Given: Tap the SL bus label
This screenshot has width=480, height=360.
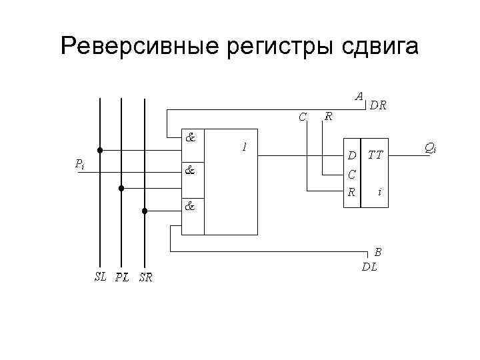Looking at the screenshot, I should point(100,277).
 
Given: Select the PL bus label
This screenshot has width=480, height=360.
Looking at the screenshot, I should point(122,278).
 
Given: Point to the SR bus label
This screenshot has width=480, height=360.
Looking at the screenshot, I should point(145,278).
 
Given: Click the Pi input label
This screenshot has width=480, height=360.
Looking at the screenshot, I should point(79,163).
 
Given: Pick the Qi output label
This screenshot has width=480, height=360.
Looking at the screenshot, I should point(430,147).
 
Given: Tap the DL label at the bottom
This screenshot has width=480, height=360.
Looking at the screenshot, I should point(369,267).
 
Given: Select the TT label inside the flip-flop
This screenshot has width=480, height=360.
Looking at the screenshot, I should point(375,155).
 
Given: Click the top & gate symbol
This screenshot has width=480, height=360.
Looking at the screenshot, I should point(190,139).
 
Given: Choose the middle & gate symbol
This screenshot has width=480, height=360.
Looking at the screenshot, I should point(190,170).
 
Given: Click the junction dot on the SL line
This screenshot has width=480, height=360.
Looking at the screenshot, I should point(99,149).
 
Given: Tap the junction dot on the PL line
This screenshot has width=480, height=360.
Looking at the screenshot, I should point(121,189).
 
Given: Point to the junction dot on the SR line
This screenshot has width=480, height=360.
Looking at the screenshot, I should point(144,211).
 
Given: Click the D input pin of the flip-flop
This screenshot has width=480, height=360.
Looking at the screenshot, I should point(351,156).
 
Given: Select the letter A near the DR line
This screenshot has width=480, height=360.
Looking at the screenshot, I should point(359,96).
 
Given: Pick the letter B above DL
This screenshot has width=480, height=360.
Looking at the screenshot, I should point(378,252).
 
